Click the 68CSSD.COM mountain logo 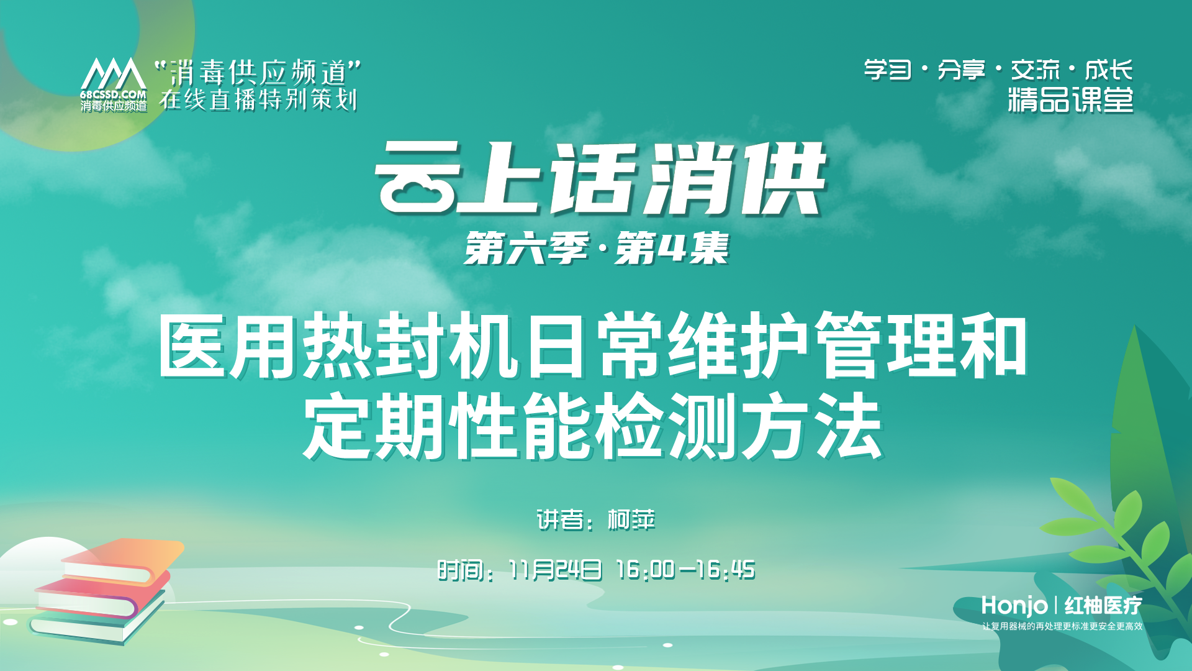pyautogui.click(x=114, y=84)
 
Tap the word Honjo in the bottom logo pyautogui.click(x=1014, y=605)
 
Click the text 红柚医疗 pyautogui.click(x=1103, y=605)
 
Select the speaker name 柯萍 pyautogui.click(x=631, y=520)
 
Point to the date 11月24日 pyautogui.click(x=554, y=570)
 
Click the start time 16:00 pyautogui.click(x=645, y=570)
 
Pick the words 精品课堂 pyautogui.click(x=1070, y=100)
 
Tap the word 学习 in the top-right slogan pyautogui.click(x=888, y=70)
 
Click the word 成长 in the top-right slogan pyautogui.click(x=1109, y=70)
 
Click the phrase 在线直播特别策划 pyautogui.click(x=258, y=99)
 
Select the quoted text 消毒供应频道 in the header pyautogui.click(x=258, y=73)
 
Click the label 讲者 pyautogui.click(x=560, y=520)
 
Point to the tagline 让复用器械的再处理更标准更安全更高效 pyautogui.click(x=1062, y=626)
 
